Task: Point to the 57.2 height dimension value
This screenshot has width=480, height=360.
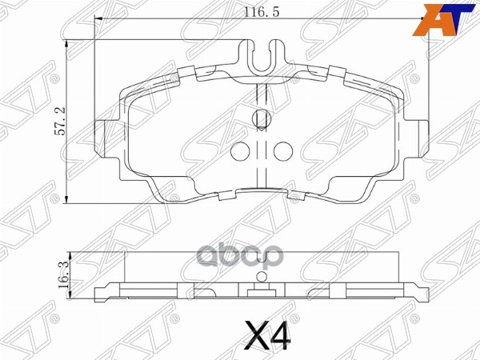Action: (58, 122)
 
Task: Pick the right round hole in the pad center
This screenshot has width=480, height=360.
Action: (281, 150)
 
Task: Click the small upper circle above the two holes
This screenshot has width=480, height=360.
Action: (260, 119)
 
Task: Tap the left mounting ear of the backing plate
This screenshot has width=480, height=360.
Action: (103, 137)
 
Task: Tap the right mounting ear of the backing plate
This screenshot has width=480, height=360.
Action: (418, 137)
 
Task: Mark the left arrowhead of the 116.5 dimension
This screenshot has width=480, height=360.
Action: (98, 19)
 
